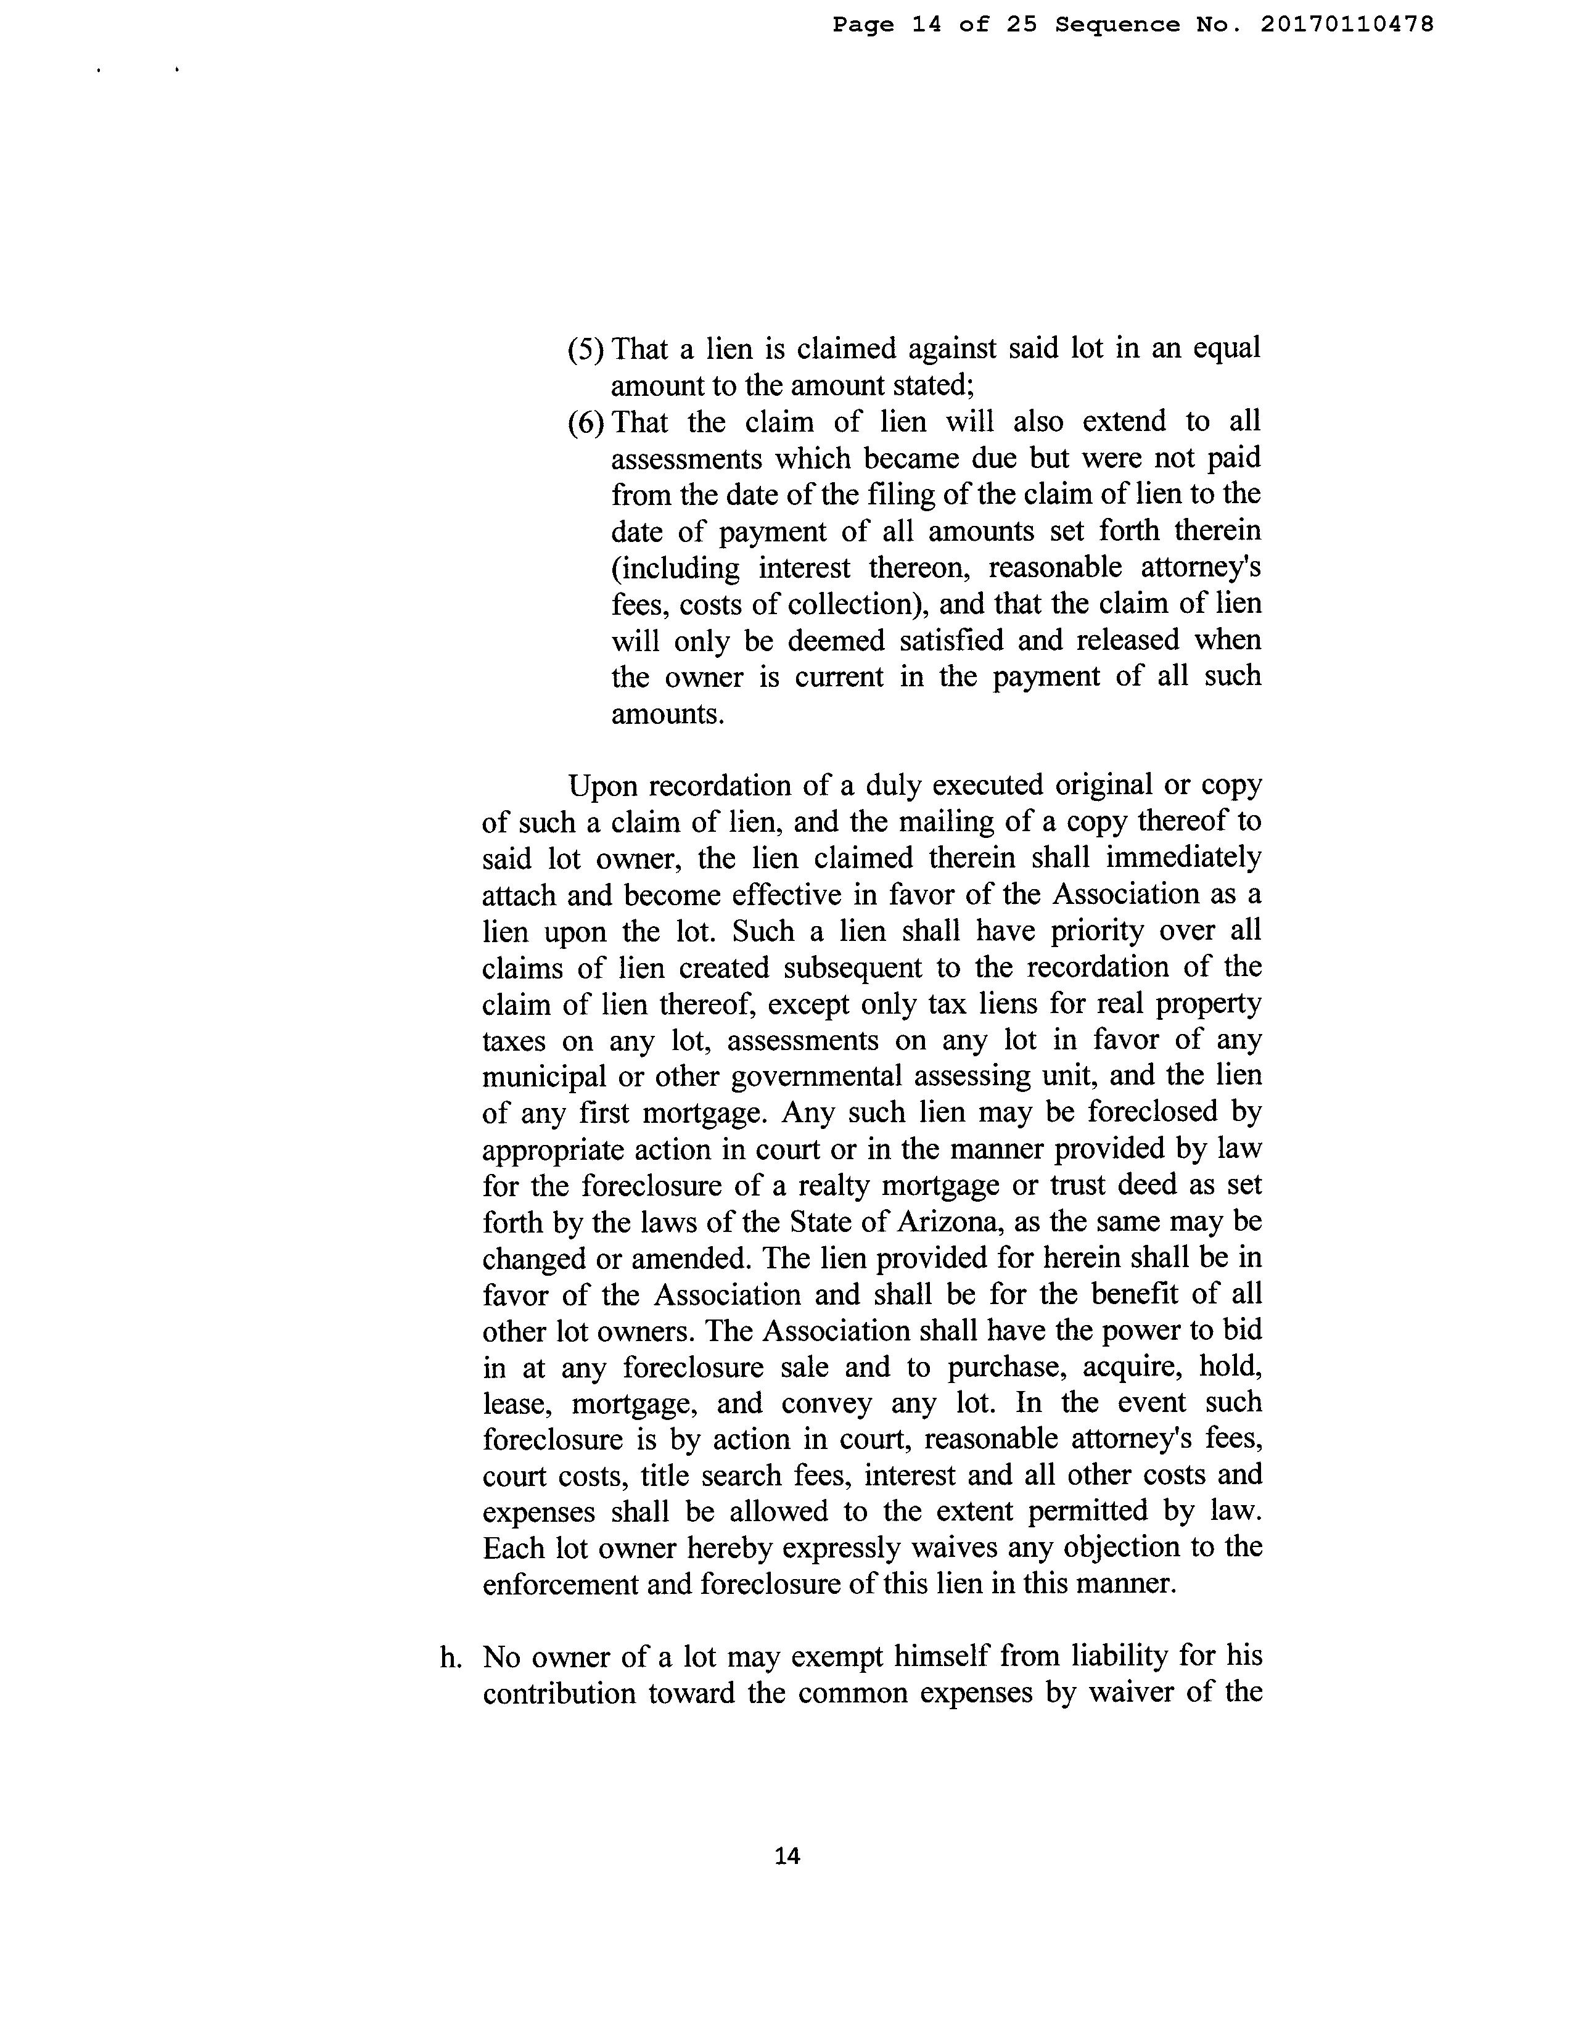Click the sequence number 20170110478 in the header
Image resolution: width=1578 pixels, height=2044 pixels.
pos(1347,25)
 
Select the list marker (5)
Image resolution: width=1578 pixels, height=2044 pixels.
pos(586,349)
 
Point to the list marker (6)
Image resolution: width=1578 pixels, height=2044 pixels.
pos(586,422)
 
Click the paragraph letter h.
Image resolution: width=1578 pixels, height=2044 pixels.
pos(451,1657)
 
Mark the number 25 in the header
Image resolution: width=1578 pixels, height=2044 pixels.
pos(1022,25)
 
